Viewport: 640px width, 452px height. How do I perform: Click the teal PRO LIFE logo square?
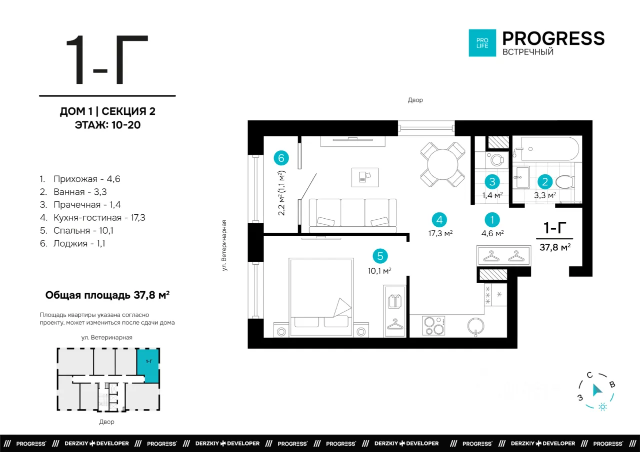[x=482, y=43]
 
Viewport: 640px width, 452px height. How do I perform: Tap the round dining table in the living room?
[x=442, y=164]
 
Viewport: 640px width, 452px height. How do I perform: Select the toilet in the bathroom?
[x=565, y=182]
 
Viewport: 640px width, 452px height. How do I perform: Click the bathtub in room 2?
[x=550, y=149]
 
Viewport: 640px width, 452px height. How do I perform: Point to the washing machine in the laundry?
[x=497, y=160]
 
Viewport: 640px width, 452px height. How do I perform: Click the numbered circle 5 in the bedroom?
[x=380, y=256]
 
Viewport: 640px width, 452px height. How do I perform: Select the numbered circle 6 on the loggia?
[x=281, y=158]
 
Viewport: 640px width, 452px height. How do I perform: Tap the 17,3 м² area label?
[x=440, y=233]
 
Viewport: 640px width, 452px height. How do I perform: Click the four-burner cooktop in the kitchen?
[x=433, y=326]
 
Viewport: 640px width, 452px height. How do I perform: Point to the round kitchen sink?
[x=475, y=326]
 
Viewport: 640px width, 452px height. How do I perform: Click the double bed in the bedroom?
[x=321, y=297]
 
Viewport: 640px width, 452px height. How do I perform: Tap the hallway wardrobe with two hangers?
[x=503, y=255]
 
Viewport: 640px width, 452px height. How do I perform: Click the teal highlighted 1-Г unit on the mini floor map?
[x=147, y=366]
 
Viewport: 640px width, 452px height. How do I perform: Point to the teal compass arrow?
[x=597, y=390]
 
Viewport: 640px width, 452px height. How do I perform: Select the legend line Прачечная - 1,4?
[x=80, y=205]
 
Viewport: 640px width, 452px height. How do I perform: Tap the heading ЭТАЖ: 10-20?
[x=107, y=125]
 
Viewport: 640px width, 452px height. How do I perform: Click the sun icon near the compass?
[x=602, y=407]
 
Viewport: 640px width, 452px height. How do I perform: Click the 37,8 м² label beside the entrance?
[x=555, y=247]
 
